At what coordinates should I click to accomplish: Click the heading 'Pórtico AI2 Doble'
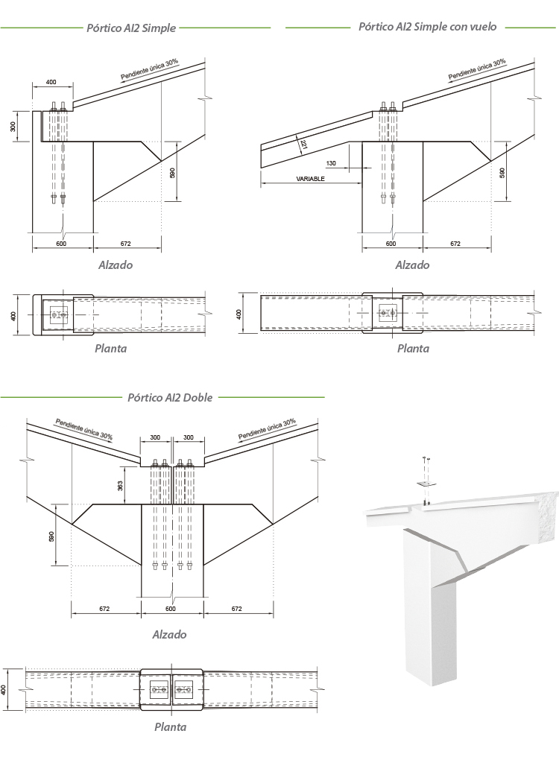point(170,397)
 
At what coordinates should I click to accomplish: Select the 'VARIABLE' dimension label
point(309,180)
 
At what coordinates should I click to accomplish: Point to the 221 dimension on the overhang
point(304,146)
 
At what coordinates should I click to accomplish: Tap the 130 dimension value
point(331,162)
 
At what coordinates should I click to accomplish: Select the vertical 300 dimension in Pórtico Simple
point(13,127)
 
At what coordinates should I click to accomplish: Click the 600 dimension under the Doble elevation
point(171,609)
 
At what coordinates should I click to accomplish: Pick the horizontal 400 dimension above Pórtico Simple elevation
point(51,82)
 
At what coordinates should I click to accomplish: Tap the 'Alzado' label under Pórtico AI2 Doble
point(169,635)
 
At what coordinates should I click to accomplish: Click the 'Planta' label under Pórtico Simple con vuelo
point(413,348)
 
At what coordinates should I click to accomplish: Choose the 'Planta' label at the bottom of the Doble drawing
point(170,727)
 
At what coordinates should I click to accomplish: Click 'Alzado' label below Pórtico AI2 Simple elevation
point(116,265)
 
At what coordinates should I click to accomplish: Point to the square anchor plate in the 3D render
point(424,484)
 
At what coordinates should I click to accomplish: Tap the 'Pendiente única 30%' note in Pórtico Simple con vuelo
point(477,69)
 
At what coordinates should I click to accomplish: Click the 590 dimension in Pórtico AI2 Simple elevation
point(172,172)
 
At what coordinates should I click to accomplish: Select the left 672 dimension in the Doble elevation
point(104,609)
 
